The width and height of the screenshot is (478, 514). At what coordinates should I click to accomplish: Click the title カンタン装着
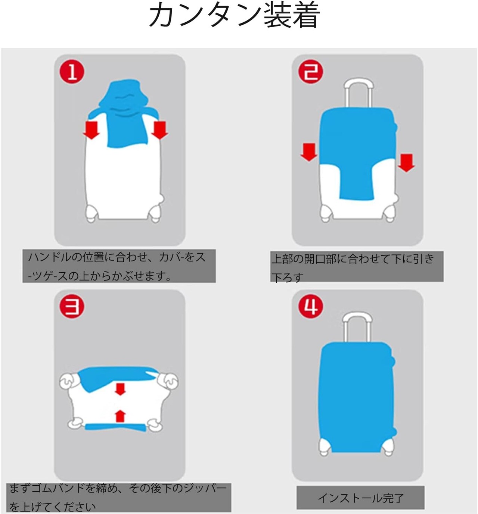pyautogui.click(x=235, y=15)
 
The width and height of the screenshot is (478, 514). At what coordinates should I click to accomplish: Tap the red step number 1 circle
pyautogui.click(x=72, y=72)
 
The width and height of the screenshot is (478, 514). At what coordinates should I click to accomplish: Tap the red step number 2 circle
pyautogui.click(x=311, y=72)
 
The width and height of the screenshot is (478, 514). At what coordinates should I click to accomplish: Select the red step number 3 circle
pyautogui.click(x=72, y=307)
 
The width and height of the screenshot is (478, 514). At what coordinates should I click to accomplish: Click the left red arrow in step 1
pyautogui.click(x=91, y=131)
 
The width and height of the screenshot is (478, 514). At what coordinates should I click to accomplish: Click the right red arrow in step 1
pyautogui.click(x=160, y=131)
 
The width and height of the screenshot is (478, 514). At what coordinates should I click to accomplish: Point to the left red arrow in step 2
pyautogui.click(x=309, y=152)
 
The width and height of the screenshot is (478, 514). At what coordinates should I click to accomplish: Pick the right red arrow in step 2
pyautogui.click(x=406, y=163)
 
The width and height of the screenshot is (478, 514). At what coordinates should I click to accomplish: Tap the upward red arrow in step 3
pyautogui.click(x=120, y=416)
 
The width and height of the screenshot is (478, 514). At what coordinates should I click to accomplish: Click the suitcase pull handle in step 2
pyautogui.click(x=359, y=93)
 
